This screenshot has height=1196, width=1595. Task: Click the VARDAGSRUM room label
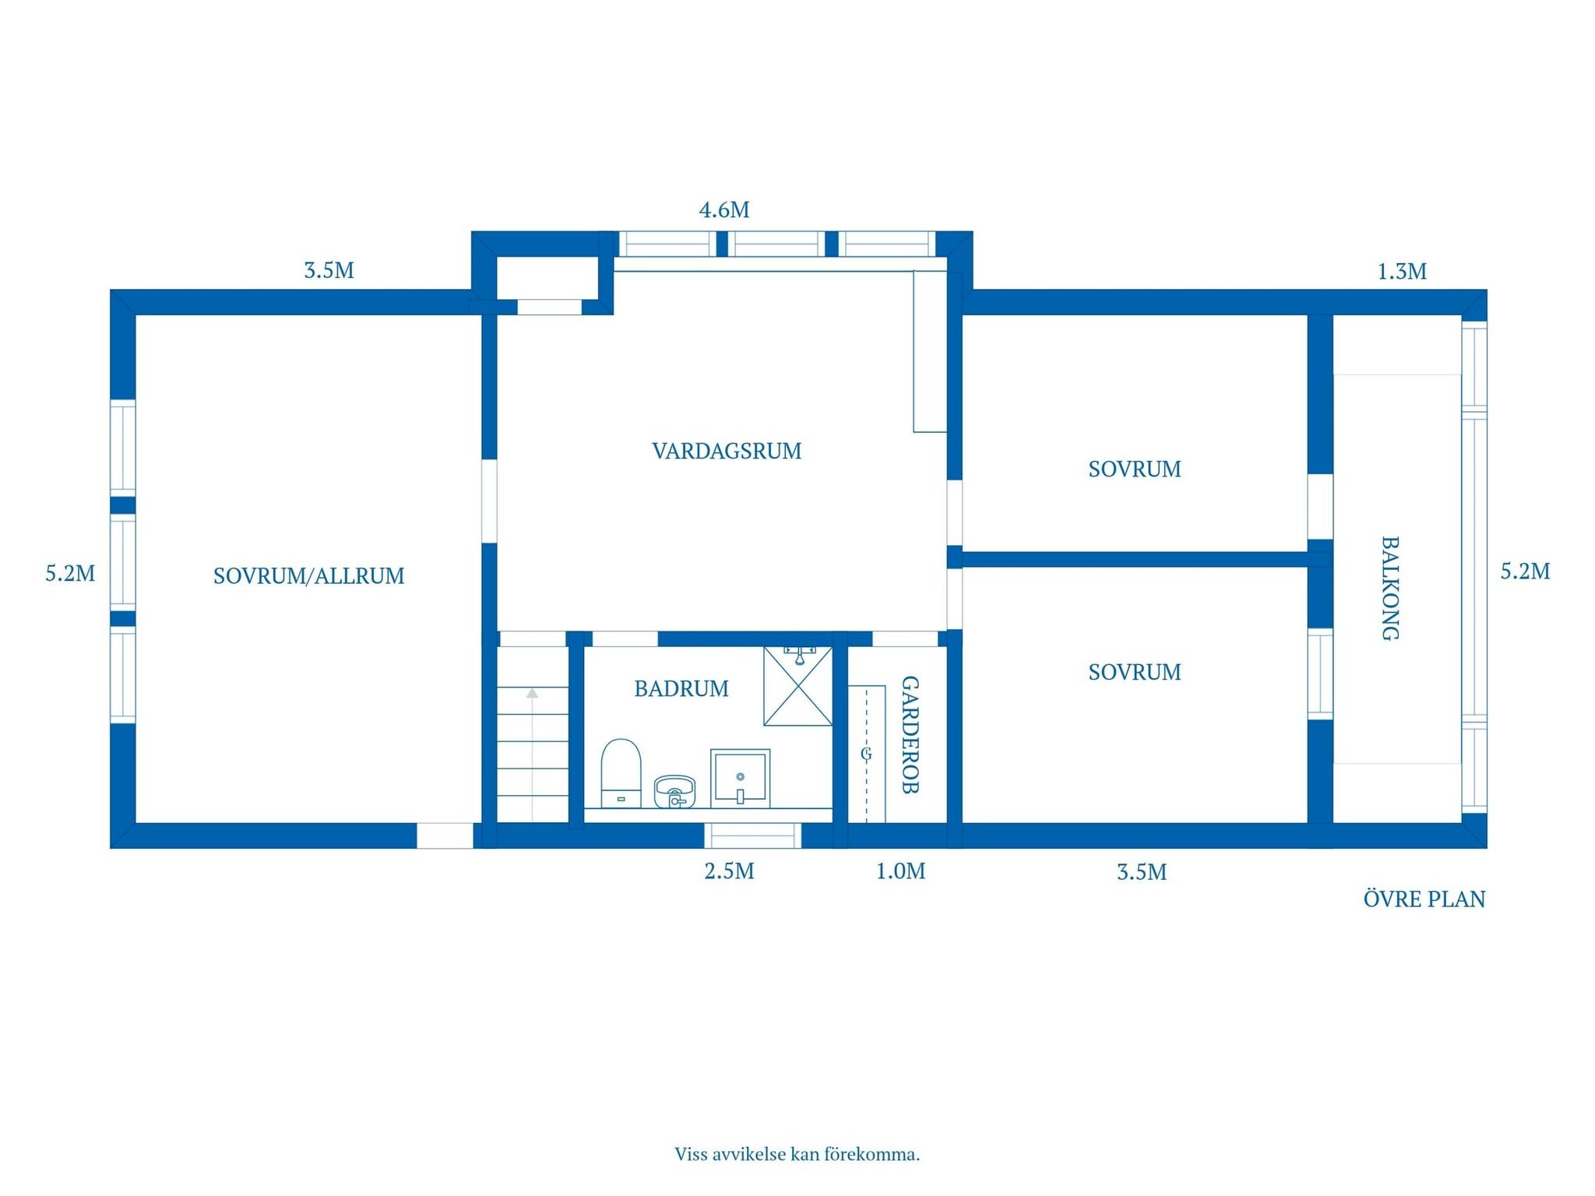[x=727, y=451]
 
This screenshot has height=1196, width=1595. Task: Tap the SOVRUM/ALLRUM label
[x=309, y=576]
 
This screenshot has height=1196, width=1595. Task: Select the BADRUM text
[x=681, y=688]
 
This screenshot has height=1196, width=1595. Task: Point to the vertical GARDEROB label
[x=910, y=734]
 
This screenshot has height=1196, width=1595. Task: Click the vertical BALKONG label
[x=1390, y=588]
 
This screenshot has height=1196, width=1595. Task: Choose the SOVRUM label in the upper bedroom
[x=1135, y=470]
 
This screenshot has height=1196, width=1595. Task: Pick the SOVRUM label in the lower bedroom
[x=1135, y=672]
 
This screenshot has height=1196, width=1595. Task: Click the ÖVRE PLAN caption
[x=1424, y=899]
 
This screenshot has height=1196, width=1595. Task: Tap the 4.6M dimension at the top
[x=724, y=210]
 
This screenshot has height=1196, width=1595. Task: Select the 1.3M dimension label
[x=1402, y=272]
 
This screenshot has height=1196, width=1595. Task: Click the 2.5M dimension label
[x=730, y=871]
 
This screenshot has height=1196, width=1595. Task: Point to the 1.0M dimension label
[x=901, y=871]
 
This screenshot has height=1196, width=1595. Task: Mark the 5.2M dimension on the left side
[x=70, y=574]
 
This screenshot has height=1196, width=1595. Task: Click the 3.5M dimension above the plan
[x=329, y=271]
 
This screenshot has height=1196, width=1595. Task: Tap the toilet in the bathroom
[x=621, y=773]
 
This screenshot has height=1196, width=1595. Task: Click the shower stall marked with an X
[x=797, y=686]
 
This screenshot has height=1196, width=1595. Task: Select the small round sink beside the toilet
[x=674, y=791]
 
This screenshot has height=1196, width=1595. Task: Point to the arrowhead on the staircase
[x=533, y=692]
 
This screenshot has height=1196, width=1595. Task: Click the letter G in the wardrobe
[x=866, y=754]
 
